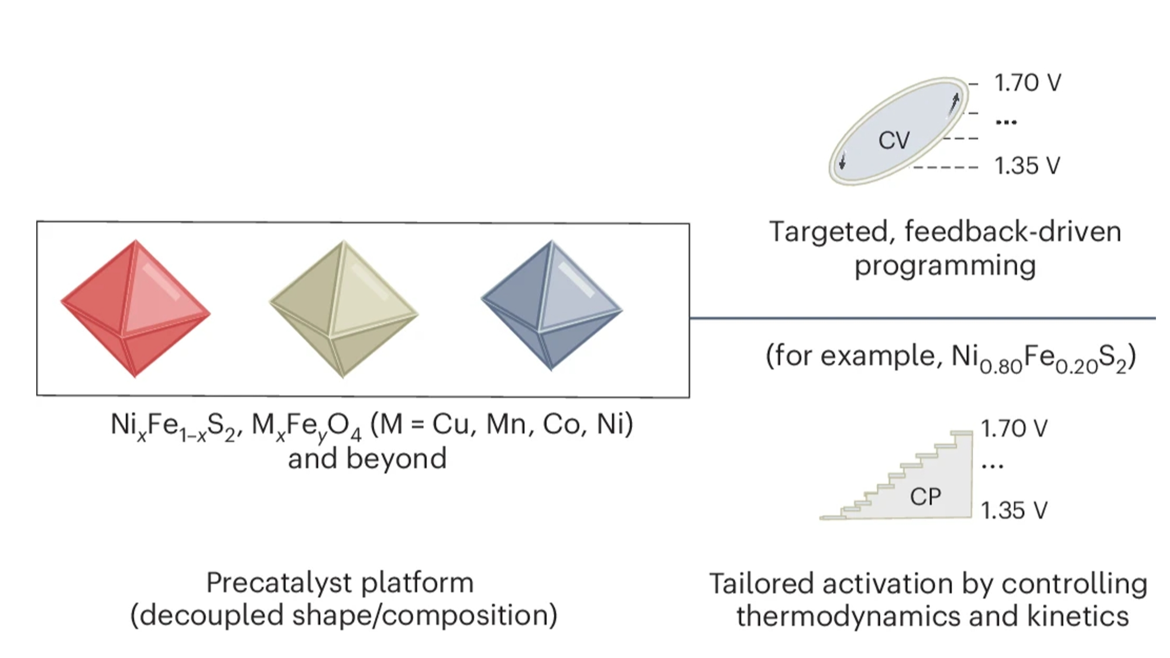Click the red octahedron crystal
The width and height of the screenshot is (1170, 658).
(x=135, y=308)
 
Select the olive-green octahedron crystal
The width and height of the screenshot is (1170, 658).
(x=344, y=308)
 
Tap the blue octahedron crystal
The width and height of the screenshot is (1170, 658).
(x=551, y=305)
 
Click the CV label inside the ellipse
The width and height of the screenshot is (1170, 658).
(x=894, y=140)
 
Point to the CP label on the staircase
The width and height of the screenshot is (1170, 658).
(x=925, y=497)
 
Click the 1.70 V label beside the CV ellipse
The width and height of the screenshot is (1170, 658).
(x=1027, y=83)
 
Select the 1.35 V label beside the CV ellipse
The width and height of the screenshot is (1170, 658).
(x=1027, y=166)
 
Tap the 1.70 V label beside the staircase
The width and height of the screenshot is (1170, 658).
(x=1014, y=429)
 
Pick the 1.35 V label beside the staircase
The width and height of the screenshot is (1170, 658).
(x=1014, y=511)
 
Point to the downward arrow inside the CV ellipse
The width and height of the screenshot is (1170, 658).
(x=842, y=160)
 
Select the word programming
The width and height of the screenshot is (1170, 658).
(x=945, y=266)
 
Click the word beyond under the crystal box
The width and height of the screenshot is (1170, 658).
(x=396, y=458)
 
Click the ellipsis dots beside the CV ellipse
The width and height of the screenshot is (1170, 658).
(x=1006, y=122)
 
